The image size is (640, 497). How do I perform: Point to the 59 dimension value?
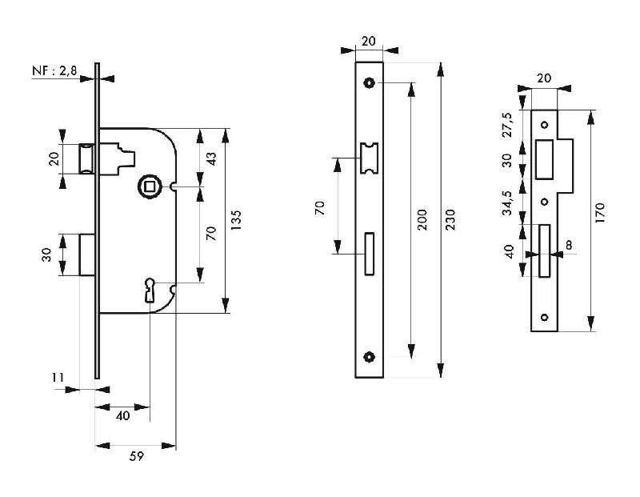(x=135, y=456)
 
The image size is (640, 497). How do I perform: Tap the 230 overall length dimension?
(x=450, y=218)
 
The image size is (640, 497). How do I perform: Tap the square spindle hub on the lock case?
(x=150, y=186)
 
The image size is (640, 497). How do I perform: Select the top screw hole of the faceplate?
(x=369, y=82)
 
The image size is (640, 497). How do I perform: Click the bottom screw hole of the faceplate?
(x=369, y=357)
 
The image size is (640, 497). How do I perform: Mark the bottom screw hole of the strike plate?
(x=545, y=318)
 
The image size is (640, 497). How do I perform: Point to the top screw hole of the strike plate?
(x=545, y=125)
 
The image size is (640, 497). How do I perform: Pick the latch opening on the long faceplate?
(x=369, y=157)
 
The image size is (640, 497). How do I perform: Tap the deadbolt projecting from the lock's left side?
(x=88, y=255)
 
